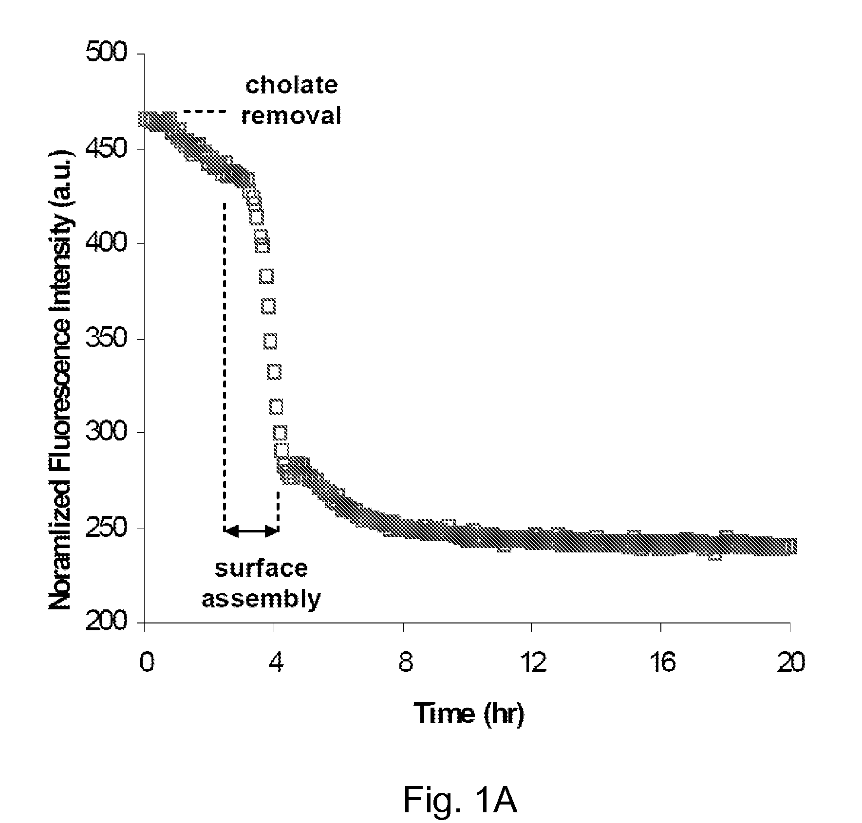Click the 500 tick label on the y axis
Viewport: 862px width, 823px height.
pyautogui.click(x=106, y=53)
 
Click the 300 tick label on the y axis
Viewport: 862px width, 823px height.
pyautogui.click(x=106, y=433)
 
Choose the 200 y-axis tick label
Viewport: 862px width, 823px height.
pyautogui.click(x=106, y=622)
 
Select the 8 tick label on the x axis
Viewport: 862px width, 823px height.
pyautogui.click(x=404, y=663)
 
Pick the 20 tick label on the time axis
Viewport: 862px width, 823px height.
pyautogui.click(x=790, y=663)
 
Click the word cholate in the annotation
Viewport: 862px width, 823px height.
pyautogui.click(x=291, y=86)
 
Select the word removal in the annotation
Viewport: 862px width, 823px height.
pyautogui.click(x=291, y=116)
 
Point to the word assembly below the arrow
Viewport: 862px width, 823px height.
pyautogui.click(x=262, y=599)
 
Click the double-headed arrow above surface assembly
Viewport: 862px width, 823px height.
pyautogui.click(x=251, y=531)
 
